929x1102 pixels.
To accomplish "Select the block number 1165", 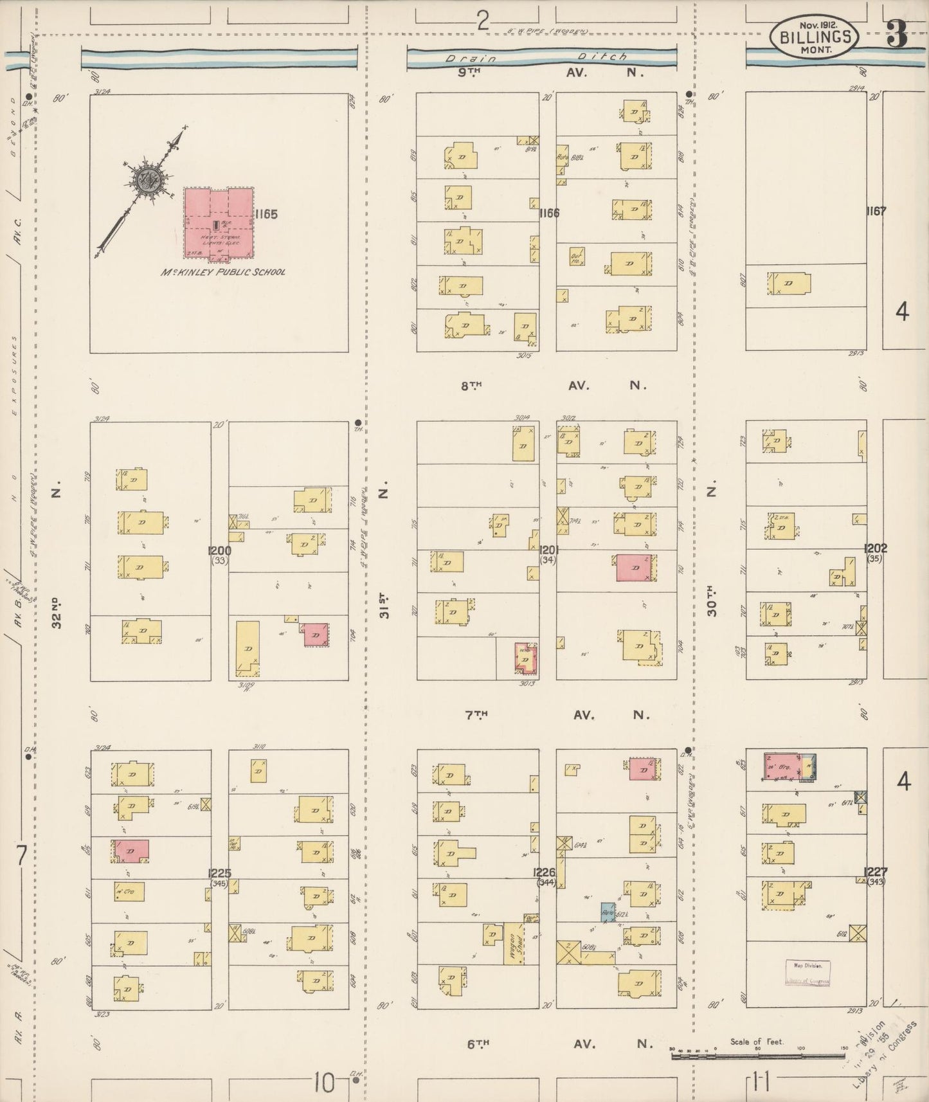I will [266, 214].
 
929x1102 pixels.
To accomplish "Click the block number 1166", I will [550, 213].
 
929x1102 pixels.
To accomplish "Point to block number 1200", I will [220, 551].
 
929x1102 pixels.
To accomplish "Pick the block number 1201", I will [549, 550].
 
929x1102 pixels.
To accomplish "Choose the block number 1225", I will [219, 873].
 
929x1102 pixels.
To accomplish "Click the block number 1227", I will [876, 872].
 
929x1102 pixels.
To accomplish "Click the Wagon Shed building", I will [514, 943].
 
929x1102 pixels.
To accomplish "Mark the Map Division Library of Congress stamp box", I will [807, 973].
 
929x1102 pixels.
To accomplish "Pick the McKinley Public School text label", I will [223, 272].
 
